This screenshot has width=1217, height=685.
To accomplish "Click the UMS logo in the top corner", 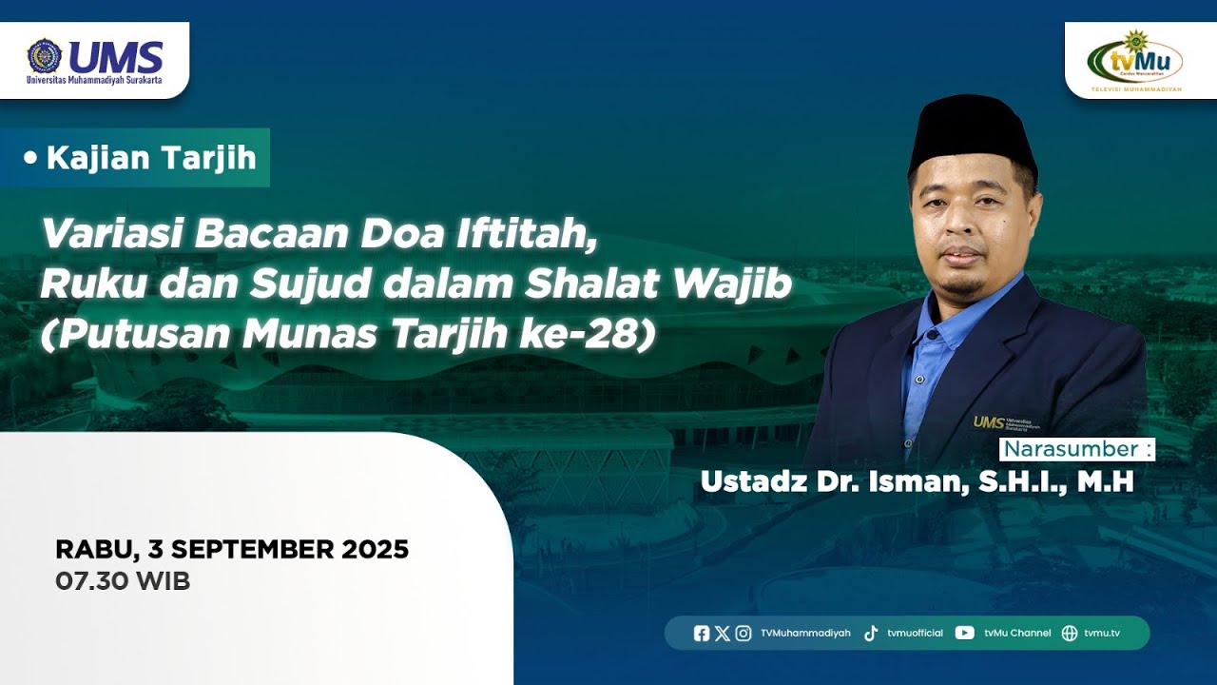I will pos(94,59).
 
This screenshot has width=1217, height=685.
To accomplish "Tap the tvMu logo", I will pos(1134,60).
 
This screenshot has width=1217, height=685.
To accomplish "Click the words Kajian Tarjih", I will pos(151,158).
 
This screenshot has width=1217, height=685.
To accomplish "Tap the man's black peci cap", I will pos(971,130).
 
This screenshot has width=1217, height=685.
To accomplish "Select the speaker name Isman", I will pos(914,481).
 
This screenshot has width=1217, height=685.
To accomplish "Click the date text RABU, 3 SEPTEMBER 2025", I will pos(232,549).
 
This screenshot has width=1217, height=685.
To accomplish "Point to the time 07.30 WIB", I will pos(123,581).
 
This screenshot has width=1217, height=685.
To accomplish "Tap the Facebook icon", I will pos(702,633).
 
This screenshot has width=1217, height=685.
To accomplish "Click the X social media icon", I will pos(723,633).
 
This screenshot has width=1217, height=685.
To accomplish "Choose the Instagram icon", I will pos(744,633).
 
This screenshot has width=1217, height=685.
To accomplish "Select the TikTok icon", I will pos(871,633).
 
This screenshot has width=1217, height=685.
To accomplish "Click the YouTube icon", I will pos(965,633).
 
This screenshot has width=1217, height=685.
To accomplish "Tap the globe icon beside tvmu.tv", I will pos(1070,633).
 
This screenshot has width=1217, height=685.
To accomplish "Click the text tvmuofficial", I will pos(915,633).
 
